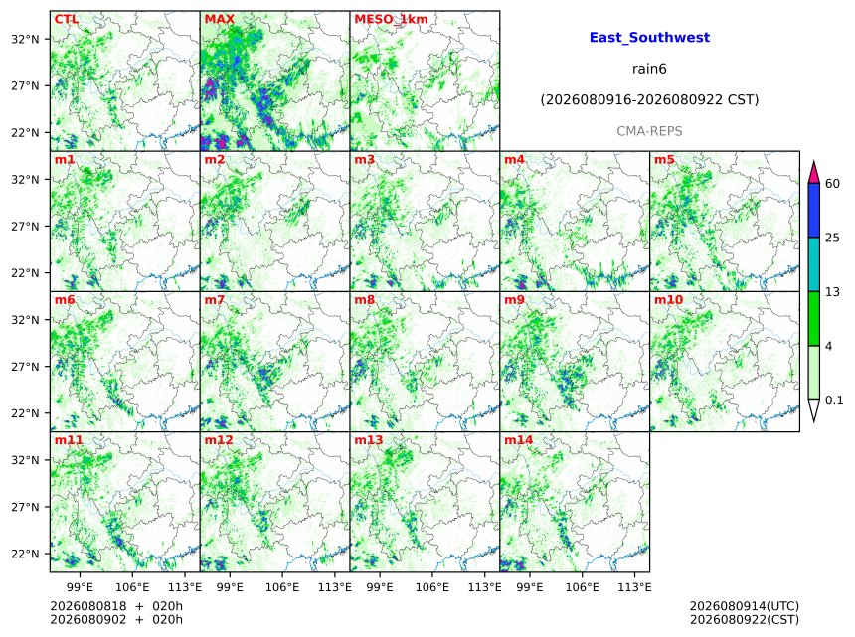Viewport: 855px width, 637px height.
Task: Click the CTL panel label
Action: [x=66, y=19]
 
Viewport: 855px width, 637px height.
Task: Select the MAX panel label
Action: [x=219, y=19]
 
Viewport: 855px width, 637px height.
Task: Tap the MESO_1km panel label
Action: [x=391, y=19]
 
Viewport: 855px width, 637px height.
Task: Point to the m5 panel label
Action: [x=664, y=160]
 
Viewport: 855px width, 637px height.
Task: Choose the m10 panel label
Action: [x=668, y=300]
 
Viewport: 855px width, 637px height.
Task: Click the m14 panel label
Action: [x=518, y=440]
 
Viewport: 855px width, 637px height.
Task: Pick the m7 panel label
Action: [x=215, y=300]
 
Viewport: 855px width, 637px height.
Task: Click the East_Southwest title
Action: [x=649, y=38]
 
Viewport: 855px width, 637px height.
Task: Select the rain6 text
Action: [x=649, y=69]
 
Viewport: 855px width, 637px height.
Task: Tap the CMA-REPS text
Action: [x=649, y=131]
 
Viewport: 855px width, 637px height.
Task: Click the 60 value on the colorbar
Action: [x=832, y=183]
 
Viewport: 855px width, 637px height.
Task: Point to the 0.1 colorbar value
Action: [x=834, y=400]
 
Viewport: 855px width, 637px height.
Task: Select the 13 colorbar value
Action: [x=832, y=292]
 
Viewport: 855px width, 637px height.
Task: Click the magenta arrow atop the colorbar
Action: [x=813, y=173]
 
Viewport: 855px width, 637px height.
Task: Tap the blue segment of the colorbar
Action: [x=813, y=210]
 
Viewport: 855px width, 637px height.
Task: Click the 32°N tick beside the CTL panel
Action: [x=25, y=39]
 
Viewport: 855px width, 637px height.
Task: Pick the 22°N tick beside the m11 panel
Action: [x=25, y=554]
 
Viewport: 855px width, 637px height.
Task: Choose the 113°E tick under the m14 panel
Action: [x=634, y=587]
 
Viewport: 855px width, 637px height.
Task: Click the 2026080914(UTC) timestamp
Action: [x=745, y=606]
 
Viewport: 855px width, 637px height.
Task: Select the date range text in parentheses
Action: [x=649, y=99]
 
